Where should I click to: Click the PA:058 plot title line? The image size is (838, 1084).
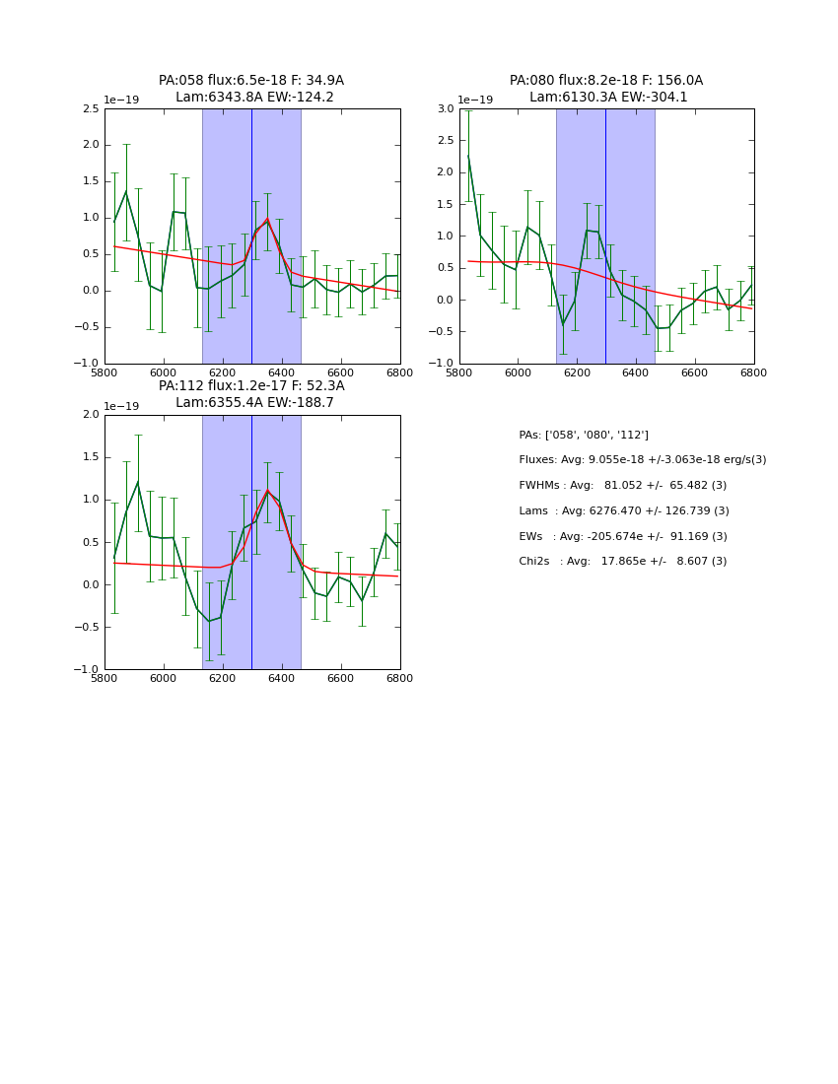coord(251,81)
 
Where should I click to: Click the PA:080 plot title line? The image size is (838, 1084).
coord(606,81)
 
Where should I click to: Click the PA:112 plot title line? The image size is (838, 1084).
coord(251,386)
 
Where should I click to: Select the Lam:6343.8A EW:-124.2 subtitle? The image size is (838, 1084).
coord(254,98)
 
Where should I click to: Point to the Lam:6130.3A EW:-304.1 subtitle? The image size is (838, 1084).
coord(608,98)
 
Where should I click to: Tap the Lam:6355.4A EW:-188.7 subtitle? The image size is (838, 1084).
coord(254,403)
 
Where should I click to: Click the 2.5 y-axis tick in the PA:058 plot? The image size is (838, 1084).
coord(91,108)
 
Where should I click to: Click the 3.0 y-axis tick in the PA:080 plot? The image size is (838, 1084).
coord(446,108)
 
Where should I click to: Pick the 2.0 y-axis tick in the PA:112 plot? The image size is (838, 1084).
coord(91,415)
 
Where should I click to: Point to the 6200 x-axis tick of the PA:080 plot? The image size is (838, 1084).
coord(577,373)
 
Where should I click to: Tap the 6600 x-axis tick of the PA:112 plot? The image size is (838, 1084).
coord(341,679)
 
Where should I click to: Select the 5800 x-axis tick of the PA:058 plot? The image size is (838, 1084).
coord(105,373)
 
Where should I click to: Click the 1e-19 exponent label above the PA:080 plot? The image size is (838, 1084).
coord(475,101)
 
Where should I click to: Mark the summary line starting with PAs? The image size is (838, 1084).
coord(584,435)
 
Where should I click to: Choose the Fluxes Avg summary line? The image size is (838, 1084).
coord(642,460)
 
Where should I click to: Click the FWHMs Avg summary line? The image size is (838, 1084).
coord(622,486)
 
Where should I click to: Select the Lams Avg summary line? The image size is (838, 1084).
coord(623,511)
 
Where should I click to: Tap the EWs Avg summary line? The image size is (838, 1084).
coord(622,537)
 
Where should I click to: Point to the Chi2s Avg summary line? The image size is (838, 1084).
coord(622,562)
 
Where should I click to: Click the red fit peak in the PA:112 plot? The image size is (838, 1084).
coord(267,491)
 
